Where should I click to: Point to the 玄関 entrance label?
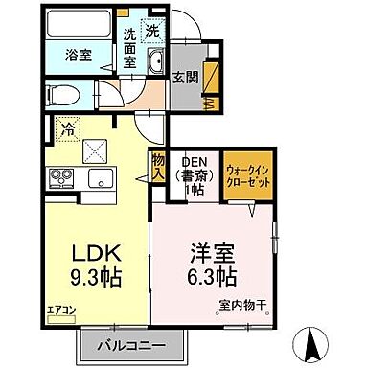186,77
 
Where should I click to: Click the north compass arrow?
311,339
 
